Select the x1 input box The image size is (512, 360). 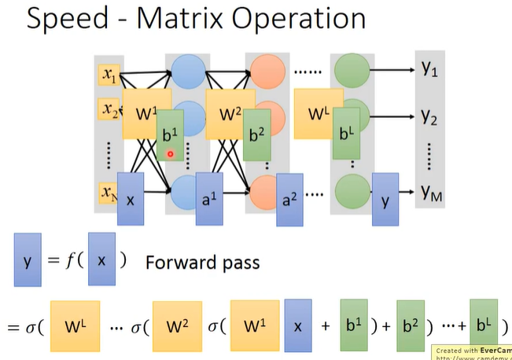[108, 75]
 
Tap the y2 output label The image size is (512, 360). [429, 117]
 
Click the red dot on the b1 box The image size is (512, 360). [170, 154]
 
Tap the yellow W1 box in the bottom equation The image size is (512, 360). [253, 324]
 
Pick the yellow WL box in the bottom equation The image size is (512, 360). [76, 324]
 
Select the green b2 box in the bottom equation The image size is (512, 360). [411, 324]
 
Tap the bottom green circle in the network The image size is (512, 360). [348, 191]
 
